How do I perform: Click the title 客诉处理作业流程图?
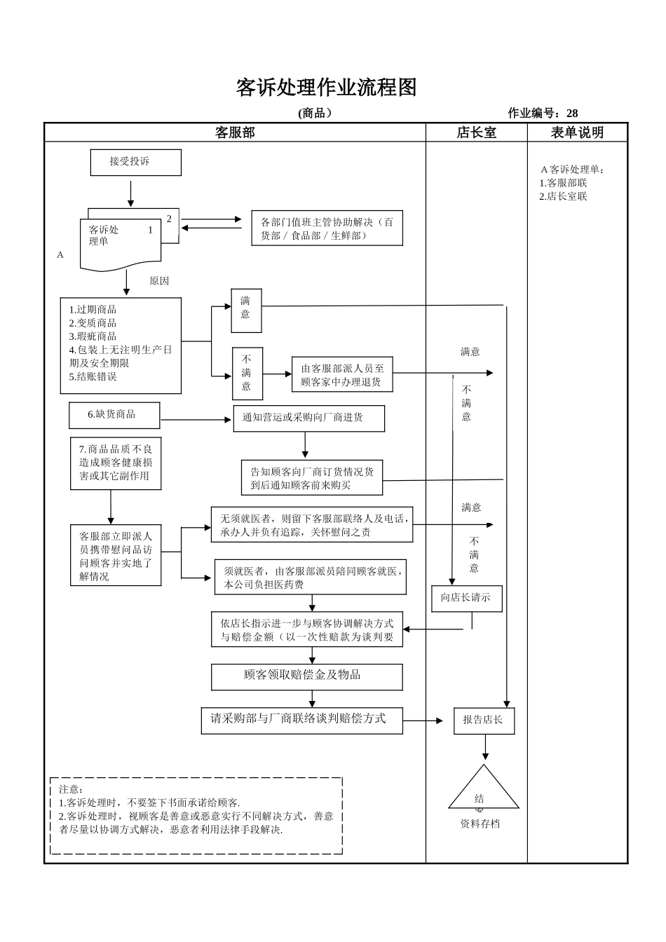[326, 88]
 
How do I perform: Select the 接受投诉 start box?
[135, 162]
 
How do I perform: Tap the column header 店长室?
[476, 132]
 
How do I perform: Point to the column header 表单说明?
[577, 132]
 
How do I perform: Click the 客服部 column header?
[235, 132]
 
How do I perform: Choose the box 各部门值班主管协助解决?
[327, 228]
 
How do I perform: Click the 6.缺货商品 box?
[114, 415]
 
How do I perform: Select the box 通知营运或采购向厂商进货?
[308, 418]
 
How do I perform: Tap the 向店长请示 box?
[466, 598]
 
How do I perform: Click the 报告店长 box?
[484, 721]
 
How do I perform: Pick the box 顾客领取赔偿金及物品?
[307, 676]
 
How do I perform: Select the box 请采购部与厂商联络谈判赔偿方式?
[301, 720]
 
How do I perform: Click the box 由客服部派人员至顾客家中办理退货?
[342, 375]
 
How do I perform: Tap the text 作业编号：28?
[543, 114]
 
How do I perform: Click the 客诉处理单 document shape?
[120, 243]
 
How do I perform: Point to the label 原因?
[159, 281]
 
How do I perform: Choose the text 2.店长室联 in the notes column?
[563, 197]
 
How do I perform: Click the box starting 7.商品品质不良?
[115, 463]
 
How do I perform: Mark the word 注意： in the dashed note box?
[72, 789]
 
